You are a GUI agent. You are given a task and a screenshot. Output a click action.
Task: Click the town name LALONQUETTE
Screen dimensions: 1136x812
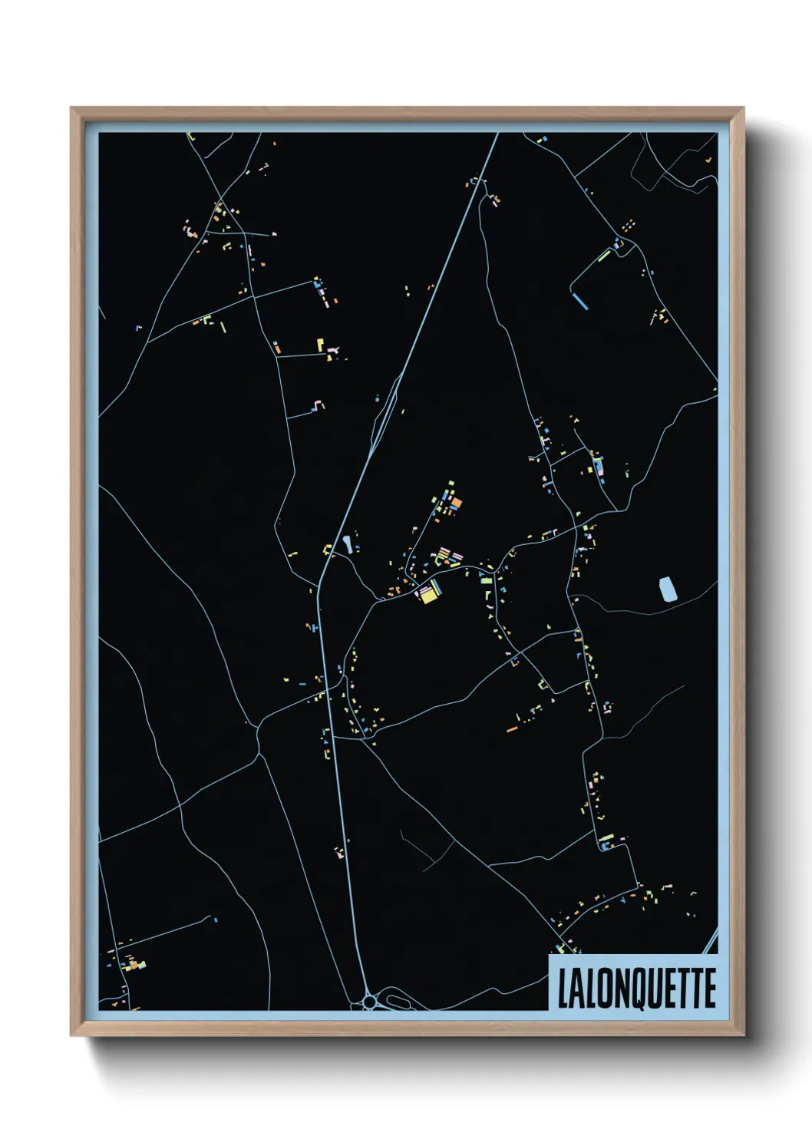coord(636,988)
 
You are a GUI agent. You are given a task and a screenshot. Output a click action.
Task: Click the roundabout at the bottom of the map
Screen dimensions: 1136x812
coord(370,1001)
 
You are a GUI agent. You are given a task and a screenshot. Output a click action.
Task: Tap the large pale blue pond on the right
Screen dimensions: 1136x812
coord(668,588)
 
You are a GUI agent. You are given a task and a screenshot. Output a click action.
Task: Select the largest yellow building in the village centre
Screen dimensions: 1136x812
coord(427,595)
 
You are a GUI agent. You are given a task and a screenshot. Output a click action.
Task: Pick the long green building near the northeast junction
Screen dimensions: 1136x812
coord(605,254)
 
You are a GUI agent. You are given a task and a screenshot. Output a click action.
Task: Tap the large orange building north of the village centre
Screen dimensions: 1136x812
coord(456,503)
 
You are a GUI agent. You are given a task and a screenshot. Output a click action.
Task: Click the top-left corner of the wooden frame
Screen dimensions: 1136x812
coord(71,108)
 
